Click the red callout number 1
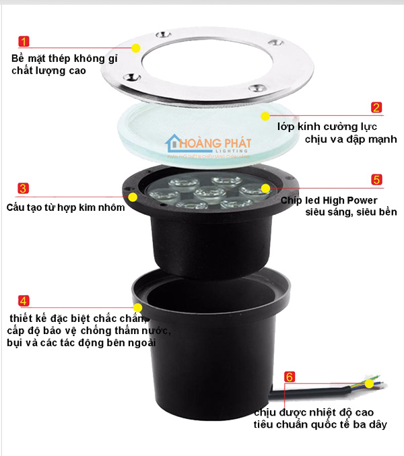[24, 41]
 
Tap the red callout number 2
[376, 107]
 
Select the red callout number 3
[23, 189]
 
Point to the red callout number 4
[24, 301]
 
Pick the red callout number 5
[376, 179]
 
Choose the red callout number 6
[290, 377]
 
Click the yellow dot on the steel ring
[136, 48]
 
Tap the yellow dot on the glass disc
[265, 117]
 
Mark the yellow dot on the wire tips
[369, 384]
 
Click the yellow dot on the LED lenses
[265, 189]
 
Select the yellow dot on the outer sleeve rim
[138, 308]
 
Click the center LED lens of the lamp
[210, 193]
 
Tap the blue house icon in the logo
[173, 143]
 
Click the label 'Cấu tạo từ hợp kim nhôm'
[66, 207]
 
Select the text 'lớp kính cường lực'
[327, 127]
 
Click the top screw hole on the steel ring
[164, 35]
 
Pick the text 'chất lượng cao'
[48, 71]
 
